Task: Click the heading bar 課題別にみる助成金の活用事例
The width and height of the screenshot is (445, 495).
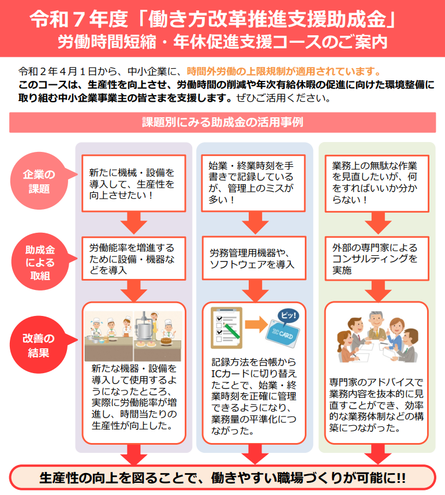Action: (x=222, y=122)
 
